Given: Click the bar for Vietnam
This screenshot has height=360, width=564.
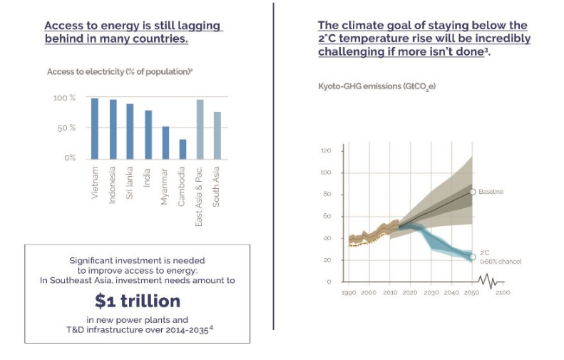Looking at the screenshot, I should (x=95, y=128).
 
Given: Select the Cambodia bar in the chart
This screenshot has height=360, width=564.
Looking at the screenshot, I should (x=183, y=149).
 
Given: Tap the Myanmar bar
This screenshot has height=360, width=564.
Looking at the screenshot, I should (x=165, y=143).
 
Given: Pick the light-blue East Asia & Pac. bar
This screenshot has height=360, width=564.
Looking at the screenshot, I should (x=200, y=129).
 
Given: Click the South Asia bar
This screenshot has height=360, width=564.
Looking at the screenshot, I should (x=217, y=135).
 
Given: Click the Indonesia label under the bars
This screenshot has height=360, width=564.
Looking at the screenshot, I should (x=113, y=185).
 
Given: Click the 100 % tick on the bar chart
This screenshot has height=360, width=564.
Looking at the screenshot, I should (x=63, y=98).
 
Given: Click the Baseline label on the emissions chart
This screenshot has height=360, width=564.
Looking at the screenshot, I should (x=491, y=192).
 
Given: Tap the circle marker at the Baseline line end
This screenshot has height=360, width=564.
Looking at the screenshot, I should (x=472, y=192).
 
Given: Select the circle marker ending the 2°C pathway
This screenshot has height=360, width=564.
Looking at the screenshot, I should (x=472, y=257).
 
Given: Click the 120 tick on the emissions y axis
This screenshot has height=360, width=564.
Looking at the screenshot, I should (x=327, y=151).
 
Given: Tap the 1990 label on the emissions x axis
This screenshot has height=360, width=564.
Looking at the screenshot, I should (x=349, y=293).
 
